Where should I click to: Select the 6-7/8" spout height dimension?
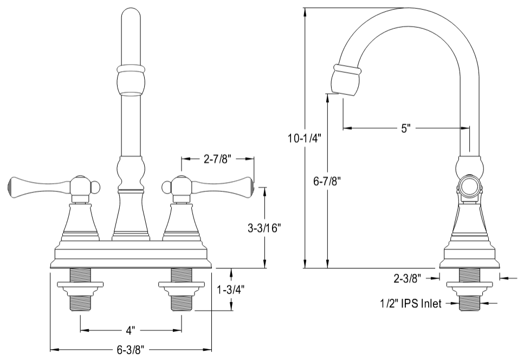click(x=327, y=181)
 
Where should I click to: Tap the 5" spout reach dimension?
click(x=406, y=128)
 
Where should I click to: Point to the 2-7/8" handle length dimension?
click(x=217, y=159)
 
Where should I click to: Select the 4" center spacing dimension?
click(x=131, y=329)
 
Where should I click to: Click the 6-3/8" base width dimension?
click(x=130, y=350)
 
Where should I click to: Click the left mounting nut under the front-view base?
click(x=80, y=286)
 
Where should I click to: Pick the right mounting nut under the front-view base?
click(x=182, y=286)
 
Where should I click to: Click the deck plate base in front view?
click(x=131, y=255)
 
